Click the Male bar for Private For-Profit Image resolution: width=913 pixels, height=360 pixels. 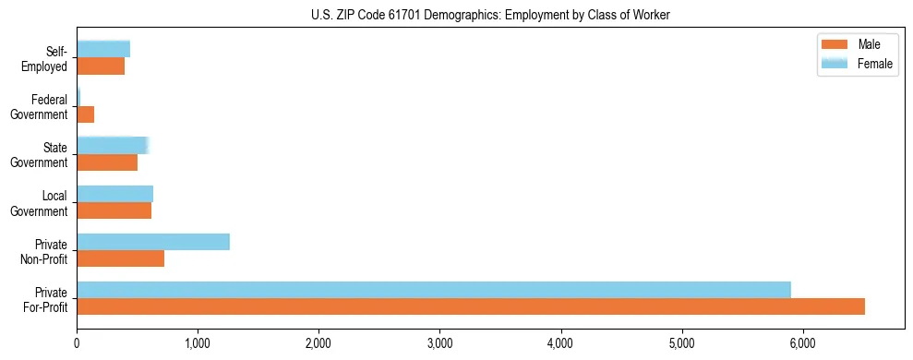click(x=471, y=306)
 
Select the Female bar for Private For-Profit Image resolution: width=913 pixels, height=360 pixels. click(x=434, y=290)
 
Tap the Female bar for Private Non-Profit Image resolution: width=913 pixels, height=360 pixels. click(x=153, y=242)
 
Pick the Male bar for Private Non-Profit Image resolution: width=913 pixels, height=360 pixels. click(x=120, y=258)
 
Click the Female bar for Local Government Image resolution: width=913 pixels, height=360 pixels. click(x=114, y=194)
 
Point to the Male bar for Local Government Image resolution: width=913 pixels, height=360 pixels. click(x=114, y=210)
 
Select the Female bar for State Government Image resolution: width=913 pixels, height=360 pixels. click(x=112, y=145)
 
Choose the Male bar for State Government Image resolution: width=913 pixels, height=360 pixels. click(x=107, y=162)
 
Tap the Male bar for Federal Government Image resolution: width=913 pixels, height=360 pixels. click(x=85, y=114)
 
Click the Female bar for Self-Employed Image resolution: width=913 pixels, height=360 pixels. click(x=103, y=49)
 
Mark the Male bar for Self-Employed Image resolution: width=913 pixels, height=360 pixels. click(x=101, y=66)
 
